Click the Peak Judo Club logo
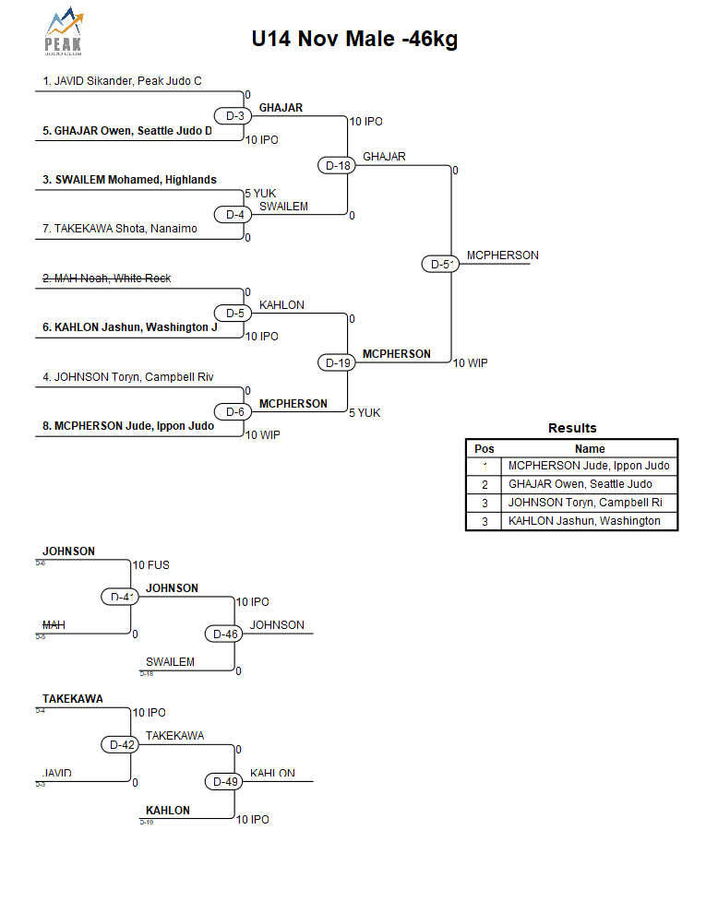(x=62, y=34)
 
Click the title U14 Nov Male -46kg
(x=354, y=40)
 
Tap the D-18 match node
(x=338, y=166)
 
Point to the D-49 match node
(x=225, y=782)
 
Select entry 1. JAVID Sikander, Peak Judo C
(x=122, y=81)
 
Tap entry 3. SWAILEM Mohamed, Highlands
(x=129, y=180)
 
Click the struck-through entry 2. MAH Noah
(x=106, y=279)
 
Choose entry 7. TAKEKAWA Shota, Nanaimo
(x=119, y=229)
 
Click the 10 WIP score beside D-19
(x=470, y=363)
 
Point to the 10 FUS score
(x=150, y=565)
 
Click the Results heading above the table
(x=572, y=428)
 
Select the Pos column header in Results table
(x=484, y=449)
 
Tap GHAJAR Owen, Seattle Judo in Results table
(x=580, y=484)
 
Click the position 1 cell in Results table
(x=484, y=466)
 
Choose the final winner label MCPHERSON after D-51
(x=502, y=255)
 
